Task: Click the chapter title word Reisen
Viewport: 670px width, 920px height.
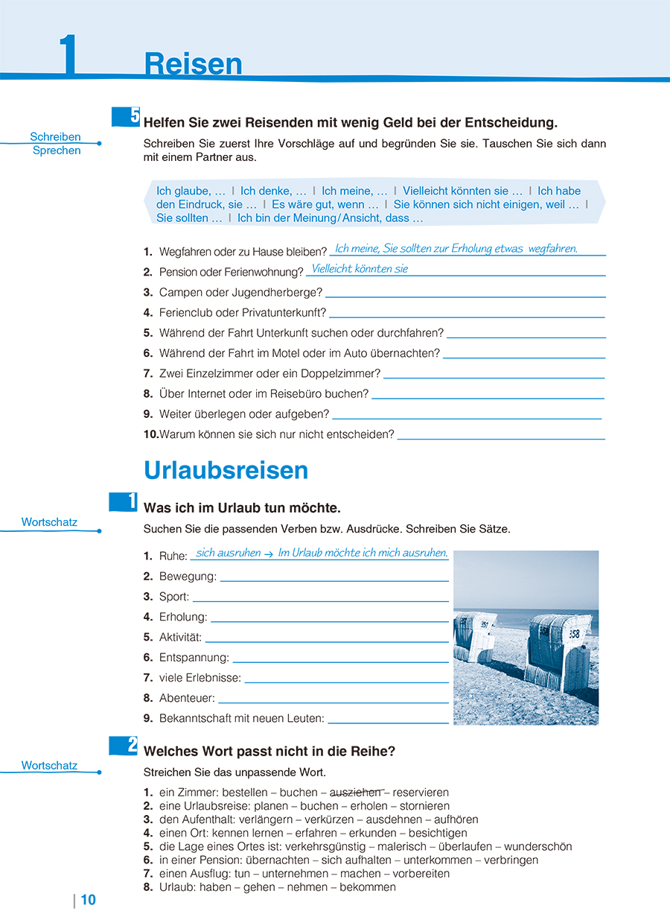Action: (193, 65)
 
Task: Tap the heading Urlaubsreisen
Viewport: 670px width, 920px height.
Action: (226, 471)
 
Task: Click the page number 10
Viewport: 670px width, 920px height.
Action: (88, 900)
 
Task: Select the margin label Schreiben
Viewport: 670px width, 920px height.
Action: (55, 137)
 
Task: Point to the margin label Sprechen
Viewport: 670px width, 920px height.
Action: (57, 150)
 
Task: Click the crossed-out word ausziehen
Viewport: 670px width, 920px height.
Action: (355, 793)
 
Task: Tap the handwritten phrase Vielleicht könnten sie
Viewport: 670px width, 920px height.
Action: (360, 269)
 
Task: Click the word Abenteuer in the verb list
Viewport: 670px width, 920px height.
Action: (187, 698)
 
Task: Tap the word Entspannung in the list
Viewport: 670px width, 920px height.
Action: (194, 658)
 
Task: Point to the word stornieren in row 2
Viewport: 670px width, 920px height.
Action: (424, 806)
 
